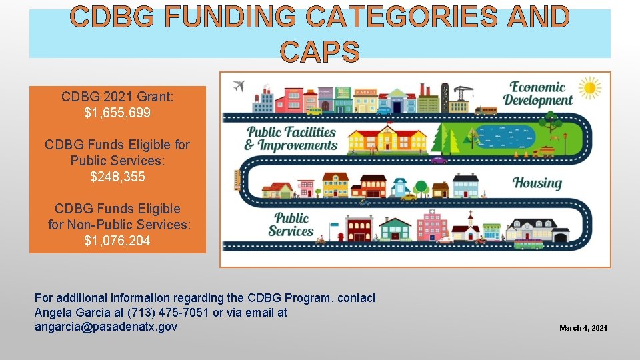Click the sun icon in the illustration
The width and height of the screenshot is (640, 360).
(589, 88)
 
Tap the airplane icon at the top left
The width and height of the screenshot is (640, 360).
(238, 86)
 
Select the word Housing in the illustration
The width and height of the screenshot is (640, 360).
(537, 183)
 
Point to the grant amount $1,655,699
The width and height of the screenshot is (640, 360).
(117, 113)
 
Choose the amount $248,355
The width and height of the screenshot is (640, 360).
(117, 177)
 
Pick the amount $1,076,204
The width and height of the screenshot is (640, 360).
(117, 241)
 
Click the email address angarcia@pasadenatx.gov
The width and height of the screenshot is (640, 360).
(106, 327)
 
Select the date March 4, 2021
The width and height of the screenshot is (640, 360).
(583, 328)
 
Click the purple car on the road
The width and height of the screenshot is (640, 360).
(438, 160)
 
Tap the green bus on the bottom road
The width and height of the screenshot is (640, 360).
(529, 245)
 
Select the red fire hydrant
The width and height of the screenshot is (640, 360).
(341, 236)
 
